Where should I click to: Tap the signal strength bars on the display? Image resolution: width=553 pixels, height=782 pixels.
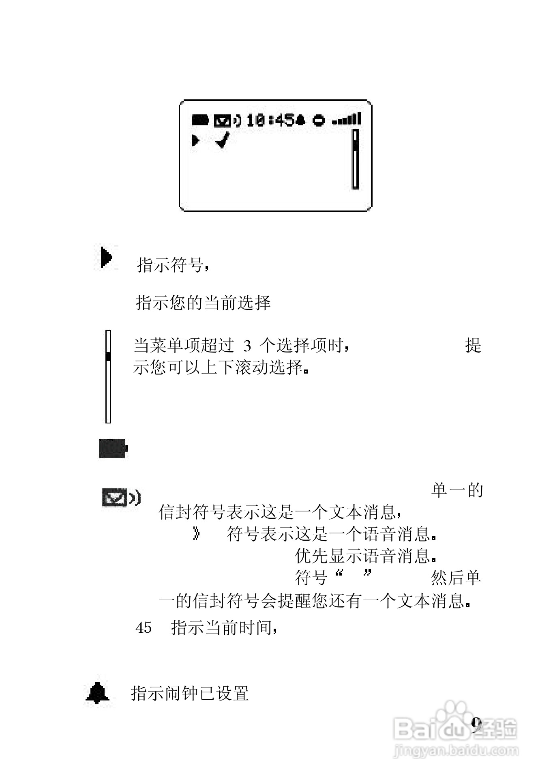click(347, 119)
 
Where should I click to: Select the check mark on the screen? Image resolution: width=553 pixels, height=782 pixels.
click(223, 140)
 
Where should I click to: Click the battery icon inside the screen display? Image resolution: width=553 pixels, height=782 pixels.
click(200, 120)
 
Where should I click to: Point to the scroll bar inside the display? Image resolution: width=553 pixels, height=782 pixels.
click(355, 159)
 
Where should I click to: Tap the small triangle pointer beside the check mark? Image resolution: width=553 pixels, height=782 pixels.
click(196, 141)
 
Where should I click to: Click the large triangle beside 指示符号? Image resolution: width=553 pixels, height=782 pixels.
click(106, 257)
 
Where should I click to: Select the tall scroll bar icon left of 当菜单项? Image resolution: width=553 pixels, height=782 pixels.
click(108, 376)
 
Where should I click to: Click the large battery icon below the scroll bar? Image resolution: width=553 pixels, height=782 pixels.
click(113, 448)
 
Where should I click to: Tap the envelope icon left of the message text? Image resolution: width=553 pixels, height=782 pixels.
click(114, 498)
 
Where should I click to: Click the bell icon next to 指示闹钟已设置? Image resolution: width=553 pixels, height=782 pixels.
click(98, 693)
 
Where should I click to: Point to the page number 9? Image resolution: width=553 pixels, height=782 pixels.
click(476, 725)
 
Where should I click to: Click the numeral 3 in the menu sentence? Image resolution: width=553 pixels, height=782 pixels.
click(247, 346)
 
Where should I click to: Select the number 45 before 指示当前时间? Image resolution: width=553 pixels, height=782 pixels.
click(144, 628)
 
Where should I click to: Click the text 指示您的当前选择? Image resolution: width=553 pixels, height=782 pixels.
click(203, 303)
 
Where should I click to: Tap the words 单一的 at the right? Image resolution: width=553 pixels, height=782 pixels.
click(457, 490)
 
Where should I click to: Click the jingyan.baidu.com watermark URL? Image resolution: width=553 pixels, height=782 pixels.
click(456, 750)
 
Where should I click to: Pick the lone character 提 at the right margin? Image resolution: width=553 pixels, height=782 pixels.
click(473, 346)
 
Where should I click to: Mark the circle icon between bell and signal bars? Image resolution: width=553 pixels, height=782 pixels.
click(319, 120)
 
